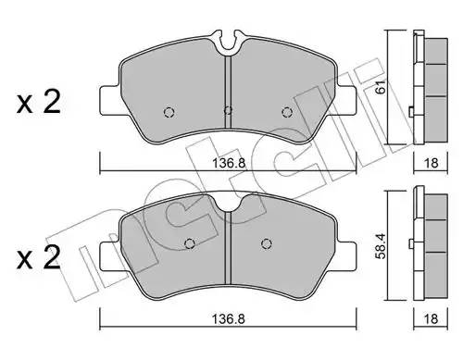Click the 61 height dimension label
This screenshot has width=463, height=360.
point(382,86)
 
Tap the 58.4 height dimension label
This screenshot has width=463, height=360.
point(382,246)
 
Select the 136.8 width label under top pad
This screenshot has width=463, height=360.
point(229,163)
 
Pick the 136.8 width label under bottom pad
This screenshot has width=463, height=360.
point(228,318)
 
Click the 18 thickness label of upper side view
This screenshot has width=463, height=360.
point(431,163)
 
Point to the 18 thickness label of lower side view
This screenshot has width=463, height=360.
point(431,318)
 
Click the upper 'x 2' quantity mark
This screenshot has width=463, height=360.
point(39,102)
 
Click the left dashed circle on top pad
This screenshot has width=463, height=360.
point(169,112)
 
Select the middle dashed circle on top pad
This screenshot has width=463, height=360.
point(228,110)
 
